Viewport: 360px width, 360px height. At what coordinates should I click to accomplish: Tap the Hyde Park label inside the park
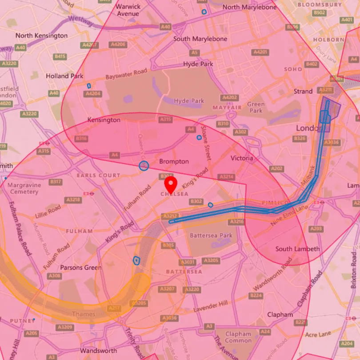point(189,101)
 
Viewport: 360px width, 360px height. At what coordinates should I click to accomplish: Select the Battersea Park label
point(211,235)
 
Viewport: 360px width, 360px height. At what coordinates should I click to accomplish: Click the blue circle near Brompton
point(144,166)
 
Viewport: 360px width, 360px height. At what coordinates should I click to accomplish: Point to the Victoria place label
point(242,158)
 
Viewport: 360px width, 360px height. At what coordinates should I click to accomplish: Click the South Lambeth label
point(297,249)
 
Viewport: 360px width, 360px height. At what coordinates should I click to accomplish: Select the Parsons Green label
point(81,268)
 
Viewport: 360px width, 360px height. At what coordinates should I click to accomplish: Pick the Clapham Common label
point(238,337)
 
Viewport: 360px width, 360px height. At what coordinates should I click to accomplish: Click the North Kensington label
point(42,36)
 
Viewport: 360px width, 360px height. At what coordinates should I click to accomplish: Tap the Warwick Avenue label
point(128,10)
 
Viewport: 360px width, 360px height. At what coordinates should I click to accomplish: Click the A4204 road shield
point(93,94)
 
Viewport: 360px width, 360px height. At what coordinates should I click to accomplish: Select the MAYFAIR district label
point(227,108)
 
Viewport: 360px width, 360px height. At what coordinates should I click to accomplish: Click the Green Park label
point(256,108)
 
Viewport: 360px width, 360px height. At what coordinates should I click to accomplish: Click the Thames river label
point(84,314)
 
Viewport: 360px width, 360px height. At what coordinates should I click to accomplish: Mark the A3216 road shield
point(237,221)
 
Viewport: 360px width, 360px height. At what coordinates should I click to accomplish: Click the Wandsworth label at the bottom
point(99,351)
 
